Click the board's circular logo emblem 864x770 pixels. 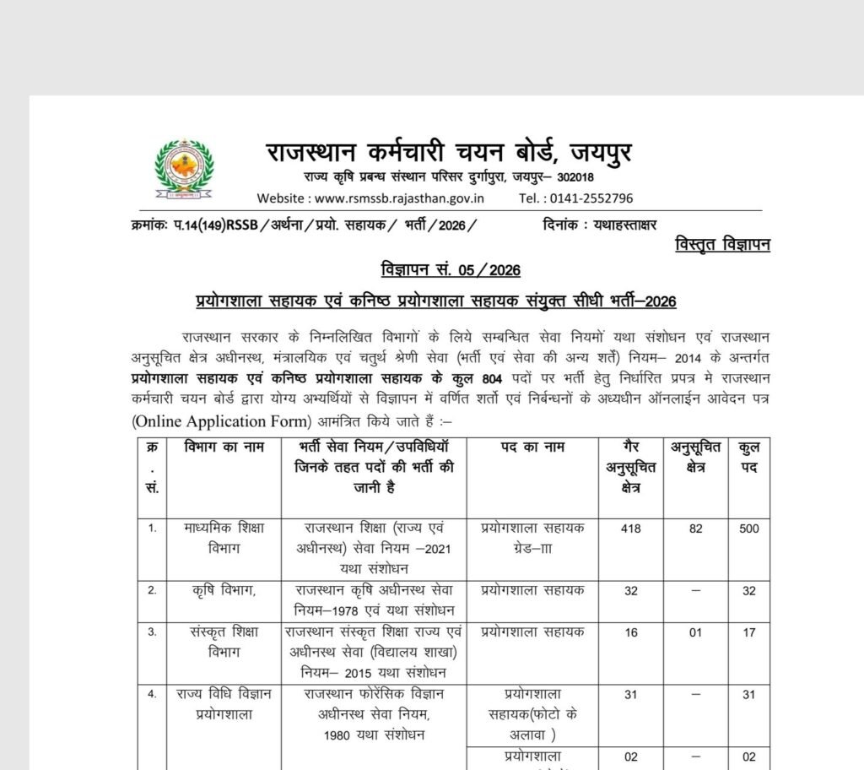[185, 170]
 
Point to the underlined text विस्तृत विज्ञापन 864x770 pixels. [723, 245]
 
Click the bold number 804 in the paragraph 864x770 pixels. [487, 380]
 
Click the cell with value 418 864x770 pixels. [631, 529]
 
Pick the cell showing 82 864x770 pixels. [694, 529]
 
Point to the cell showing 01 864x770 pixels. [694, 632]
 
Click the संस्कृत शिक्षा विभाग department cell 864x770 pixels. [225, 641]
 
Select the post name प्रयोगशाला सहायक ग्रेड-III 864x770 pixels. [532, 537]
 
